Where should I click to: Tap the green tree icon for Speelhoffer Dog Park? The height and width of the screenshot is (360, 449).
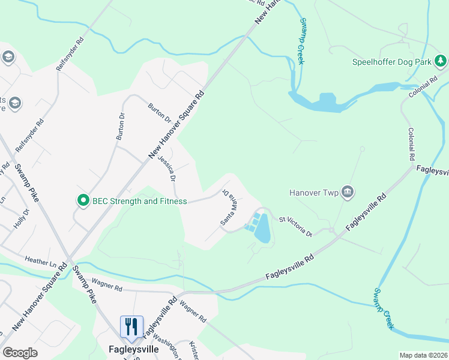[x=440, y=61]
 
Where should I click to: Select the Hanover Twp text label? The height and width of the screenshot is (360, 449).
[x=314, y=193]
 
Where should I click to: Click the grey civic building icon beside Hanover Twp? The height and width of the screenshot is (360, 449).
[x=347, y=192]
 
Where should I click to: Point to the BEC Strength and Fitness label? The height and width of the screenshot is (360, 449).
[x=139, y=201]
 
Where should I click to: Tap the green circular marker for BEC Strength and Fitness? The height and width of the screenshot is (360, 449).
[x=83, y=200]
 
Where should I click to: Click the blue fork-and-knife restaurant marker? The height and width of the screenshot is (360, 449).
[x=131, y=326]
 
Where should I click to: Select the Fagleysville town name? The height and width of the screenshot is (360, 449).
[x=133, y=349]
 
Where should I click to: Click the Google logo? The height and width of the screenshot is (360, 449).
[x=20, y=353]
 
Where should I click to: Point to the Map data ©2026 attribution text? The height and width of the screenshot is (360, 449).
[x=423, y=355]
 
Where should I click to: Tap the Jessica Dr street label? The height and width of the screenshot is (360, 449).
[x=167, y=168]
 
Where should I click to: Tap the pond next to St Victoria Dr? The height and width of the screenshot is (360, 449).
[x=262, y=231]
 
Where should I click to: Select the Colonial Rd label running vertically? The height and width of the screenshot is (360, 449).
[x=412, y=144]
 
